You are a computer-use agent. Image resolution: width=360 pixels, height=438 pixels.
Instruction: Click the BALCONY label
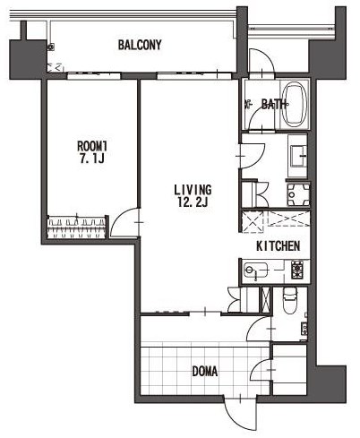pos(140,45)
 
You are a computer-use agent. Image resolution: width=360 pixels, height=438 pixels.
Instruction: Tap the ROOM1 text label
pos(92,146)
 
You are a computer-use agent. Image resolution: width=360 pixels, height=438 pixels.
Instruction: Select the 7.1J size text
pos(91,159)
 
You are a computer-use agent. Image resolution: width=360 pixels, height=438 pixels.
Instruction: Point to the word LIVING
pos(193,190)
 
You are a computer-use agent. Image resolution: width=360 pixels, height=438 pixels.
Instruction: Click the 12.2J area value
pos(193,202)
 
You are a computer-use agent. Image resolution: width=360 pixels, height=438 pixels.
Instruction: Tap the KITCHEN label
pos(279,246)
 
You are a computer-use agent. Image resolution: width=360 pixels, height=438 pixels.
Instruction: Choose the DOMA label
pos(205,372)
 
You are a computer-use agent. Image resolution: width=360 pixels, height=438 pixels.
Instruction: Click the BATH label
pos(273,104)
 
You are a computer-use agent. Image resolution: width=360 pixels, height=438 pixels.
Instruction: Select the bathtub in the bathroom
pos(295,104)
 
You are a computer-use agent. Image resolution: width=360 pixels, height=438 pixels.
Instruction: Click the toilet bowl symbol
pos(289,300)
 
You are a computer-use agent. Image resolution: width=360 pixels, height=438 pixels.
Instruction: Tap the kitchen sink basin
pos(255,271)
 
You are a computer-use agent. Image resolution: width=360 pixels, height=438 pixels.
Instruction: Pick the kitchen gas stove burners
pos(297,270)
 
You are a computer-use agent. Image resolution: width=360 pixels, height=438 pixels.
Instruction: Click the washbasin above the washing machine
pos(298,156)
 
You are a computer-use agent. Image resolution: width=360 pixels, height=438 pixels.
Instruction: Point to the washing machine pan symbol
pos(298,194)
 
